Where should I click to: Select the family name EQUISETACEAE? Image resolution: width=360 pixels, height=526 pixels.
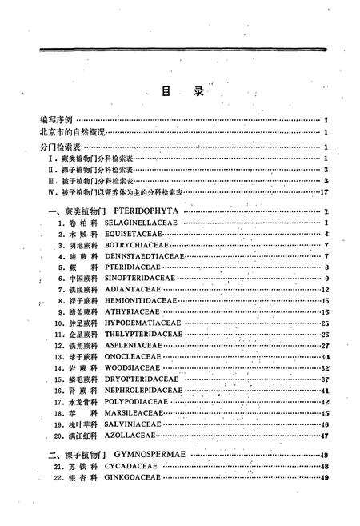134,234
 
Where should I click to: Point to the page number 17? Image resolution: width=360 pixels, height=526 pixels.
325,192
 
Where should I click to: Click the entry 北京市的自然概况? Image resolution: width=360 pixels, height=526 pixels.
69,132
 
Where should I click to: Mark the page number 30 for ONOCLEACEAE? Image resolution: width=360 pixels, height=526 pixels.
325,356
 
